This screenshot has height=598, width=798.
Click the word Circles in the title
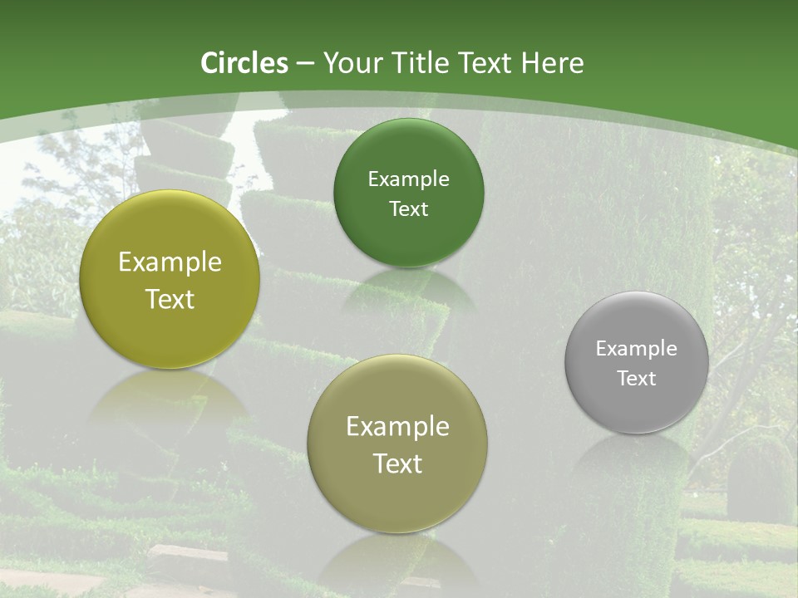point(244,63)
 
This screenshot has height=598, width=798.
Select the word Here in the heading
point(552,63)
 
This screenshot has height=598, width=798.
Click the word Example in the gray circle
point(637,349)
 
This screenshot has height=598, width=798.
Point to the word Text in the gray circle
point(637,379)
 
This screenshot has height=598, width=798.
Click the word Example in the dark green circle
point(408,179)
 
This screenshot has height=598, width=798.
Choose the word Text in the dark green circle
point(408,209)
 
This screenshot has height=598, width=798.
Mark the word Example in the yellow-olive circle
point(170,262)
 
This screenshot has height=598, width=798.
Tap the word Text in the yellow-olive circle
point(170,299)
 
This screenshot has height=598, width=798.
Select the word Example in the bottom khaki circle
point(397,427)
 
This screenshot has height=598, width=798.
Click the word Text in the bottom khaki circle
point(397,463)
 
